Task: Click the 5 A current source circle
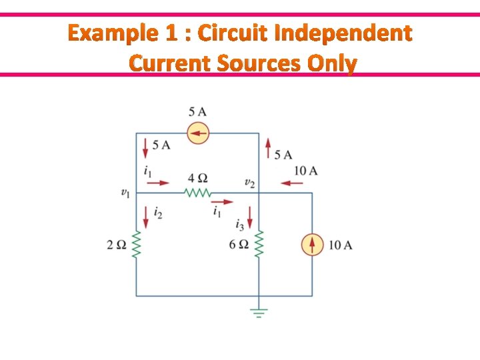[x=197, y=133]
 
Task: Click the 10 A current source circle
[x=312, y=245]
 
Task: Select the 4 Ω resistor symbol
[x=197, y=193]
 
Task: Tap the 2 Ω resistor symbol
[x=137, y=245]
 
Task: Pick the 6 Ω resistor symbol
[x=259, y=245]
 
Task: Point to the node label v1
[x=125, y=193]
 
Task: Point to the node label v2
[x=249, y=183]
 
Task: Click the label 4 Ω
[x=197, y=178]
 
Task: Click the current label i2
[x=158, y=213]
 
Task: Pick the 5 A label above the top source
[x=197, y=111]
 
